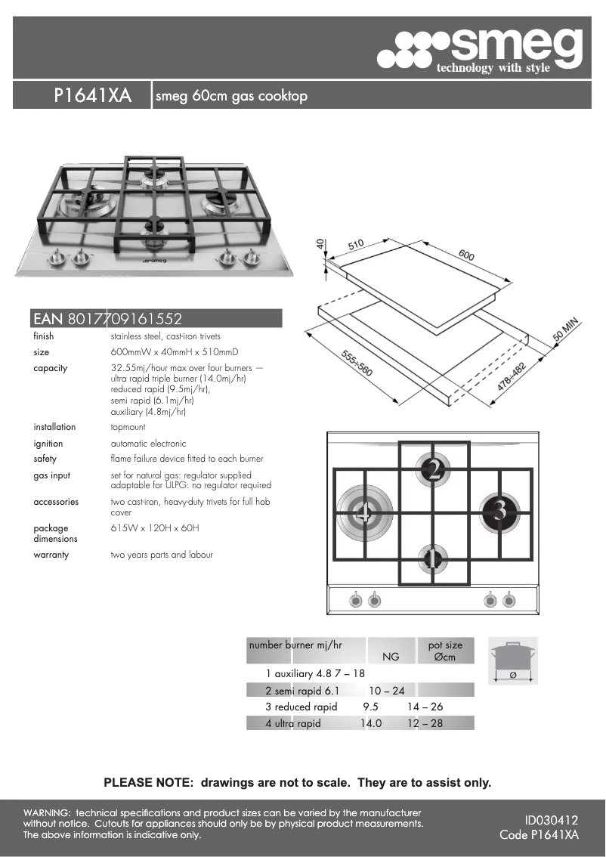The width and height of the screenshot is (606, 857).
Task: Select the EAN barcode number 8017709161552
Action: [x=125, y=319]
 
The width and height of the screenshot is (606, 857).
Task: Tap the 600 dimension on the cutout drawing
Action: [x=466, y=256]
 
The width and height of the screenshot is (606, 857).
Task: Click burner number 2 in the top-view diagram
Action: [x=434, y=470]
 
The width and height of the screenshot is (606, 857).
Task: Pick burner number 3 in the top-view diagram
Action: [x=499, y=512]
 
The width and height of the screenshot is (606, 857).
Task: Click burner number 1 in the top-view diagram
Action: [x=432, y=560]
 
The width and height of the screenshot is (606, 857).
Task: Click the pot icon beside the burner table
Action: [x=513, y=660]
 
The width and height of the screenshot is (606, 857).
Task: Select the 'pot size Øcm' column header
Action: [x=445, y=651]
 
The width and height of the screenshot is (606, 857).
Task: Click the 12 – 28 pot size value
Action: [x=425, y=723]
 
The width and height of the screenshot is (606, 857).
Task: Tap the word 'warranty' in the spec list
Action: [x=51, y=555]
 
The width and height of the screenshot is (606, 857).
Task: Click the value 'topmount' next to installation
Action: [x=128, y=427]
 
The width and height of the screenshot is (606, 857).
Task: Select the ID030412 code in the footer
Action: [x=551, y=819]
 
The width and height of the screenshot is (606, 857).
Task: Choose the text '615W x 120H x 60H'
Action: [x=155, y=528]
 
